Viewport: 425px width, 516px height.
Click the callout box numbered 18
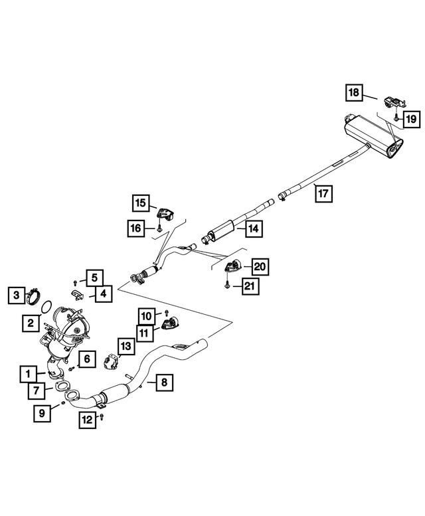tap(354, 92)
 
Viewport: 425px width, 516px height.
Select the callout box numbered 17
tap(323, 193)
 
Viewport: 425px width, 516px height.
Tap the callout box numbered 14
tap(252, 229)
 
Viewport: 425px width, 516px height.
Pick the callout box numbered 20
tap(260, 267)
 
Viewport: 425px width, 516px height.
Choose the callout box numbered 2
tap(31, 323)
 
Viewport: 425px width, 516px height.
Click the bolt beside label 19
tap(394, 118)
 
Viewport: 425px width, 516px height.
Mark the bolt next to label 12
tap(102, 416)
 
